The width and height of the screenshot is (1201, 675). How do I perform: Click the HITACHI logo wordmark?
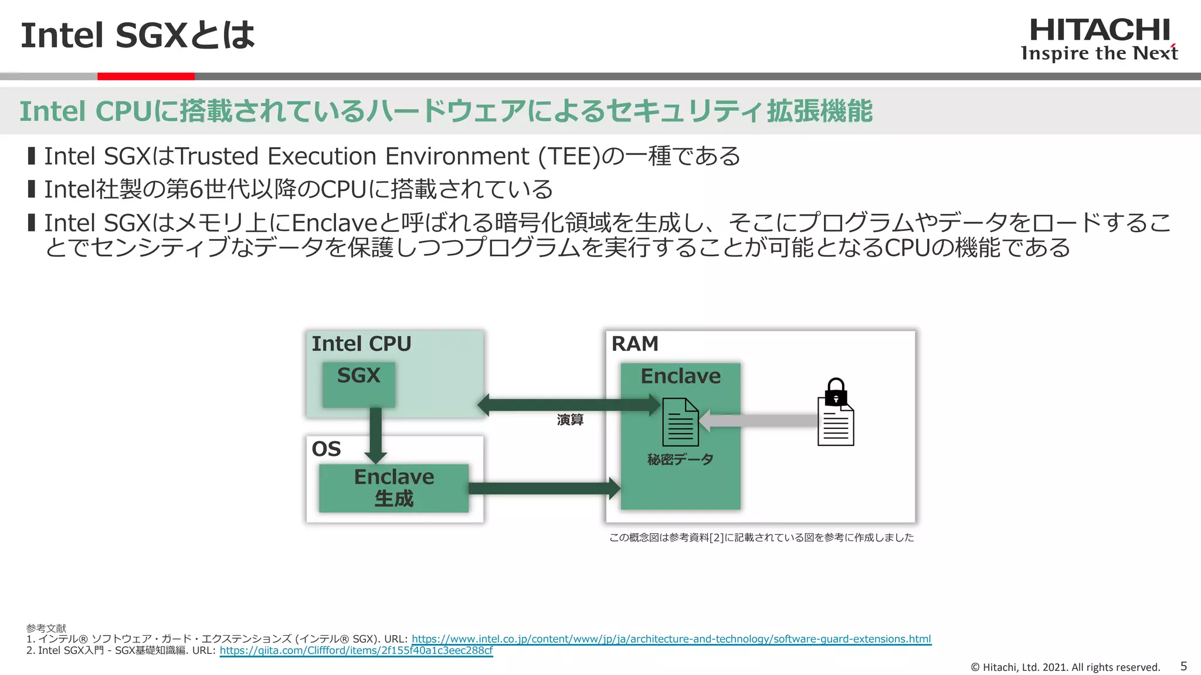point(1100,30)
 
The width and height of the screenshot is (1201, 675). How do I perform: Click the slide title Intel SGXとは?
point(138,35)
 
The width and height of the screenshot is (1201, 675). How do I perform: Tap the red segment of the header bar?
point(145,76)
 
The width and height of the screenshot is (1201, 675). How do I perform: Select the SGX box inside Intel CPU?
point(358,384)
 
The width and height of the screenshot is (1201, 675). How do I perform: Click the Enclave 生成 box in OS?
point(393,488)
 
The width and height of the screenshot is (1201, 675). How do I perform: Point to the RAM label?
point(635,344)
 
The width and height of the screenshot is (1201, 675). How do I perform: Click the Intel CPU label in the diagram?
point(361,344)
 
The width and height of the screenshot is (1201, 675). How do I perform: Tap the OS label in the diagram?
point(326,449)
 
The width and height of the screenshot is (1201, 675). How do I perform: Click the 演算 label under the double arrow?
point(570,420)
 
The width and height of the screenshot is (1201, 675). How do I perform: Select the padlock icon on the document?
point(836,391)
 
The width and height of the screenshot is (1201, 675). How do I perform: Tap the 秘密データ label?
point(680,459)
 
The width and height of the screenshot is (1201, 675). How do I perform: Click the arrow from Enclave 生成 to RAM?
point(542,489)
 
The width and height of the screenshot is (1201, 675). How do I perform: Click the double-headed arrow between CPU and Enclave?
point(569,404)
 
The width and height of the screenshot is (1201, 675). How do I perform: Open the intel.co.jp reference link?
point(671,639)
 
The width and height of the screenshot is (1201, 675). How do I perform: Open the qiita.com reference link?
point(356,650)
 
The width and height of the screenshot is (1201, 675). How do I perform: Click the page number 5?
point(1183,666)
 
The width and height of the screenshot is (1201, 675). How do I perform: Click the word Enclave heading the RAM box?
point(680,376)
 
